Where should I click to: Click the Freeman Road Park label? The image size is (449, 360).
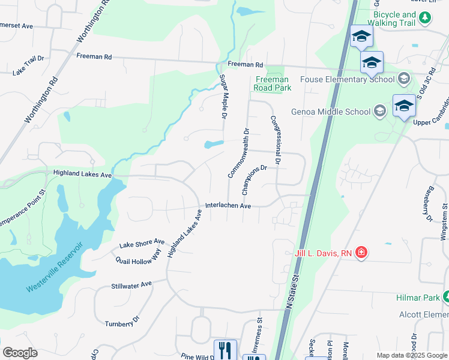point(273,83)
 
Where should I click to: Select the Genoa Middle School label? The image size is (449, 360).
point(331,112)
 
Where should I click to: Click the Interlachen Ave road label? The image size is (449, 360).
point(228,205)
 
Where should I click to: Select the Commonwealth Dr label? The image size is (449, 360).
point(238,152)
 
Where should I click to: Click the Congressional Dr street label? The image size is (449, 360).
point(276,140)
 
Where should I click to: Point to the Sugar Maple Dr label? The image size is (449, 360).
point(223,95)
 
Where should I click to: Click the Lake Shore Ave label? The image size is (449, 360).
point(142,243)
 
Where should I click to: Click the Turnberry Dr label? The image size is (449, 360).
point(122,320)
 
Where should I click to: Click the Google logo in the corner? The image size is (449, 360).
point(20,352)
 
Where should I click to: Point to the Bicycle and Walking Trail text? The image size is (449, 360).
point(394,19)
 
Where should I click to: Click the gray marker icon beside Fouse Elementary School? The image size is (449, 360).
point(404,79)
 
